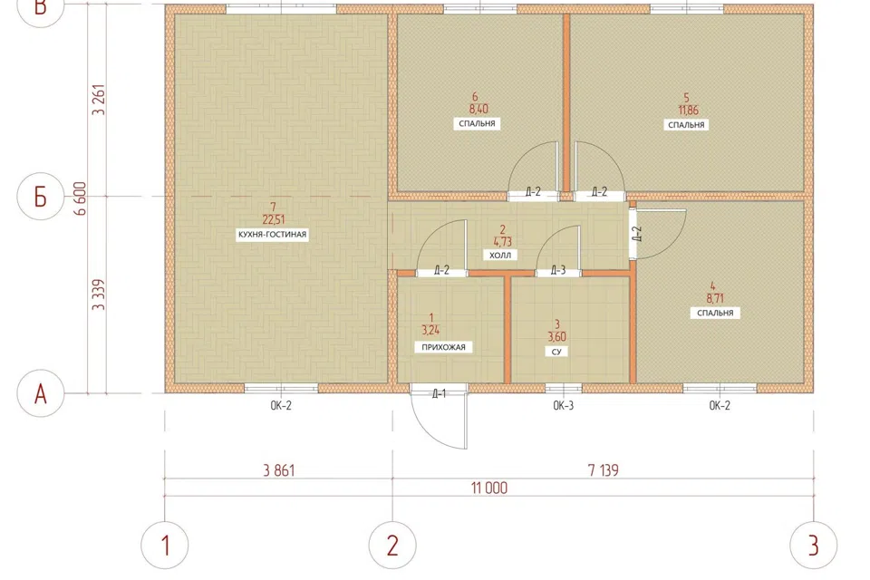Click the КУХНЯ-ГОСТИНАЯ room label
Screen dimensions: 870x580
272,234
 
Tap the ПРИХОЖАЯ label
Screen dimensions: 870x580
443,347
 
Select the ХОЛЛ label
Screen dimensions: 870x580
500,255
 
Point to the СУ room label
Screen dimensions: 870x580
556,352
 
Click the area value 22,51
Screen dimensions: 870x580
274,220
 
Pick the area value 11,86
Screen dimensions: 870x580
688,110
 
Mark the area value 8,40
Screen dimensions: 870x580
478,110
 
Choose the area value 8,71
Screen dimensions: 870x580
716,298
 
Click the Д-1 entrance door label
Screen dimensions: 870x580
439,394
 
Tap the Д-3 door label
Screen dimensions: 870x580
558,270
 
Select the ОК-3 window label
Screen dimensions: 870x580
563,406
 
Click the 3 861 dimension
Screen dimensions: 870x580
279,470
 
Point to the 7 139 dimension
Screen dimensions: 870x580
604,470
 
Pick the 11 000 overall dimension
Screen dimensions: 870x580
489,488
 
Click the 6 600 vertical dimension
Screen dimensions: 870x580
81,198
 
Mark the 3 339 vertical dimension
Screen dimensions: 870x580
99,295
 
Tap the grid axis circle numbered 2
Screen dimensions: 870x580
392,545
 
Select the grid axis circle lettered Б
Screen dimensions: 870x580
41,197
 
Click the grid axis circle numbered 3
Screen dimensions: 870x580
814,545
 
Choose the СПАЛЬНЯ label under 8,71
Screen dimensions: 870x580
715,313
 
